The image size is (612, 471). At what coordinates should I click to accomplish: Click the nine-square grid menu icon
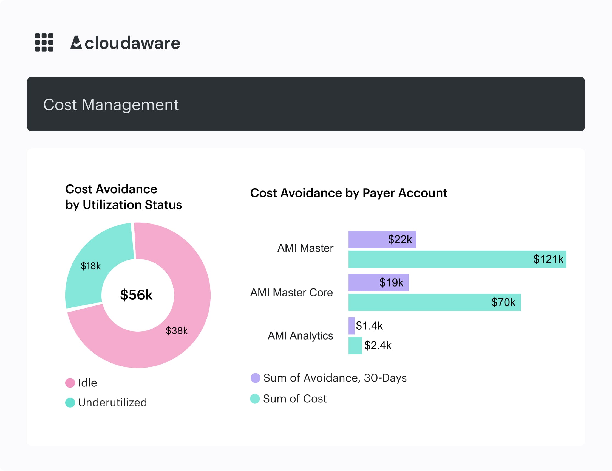[x=44, y=42]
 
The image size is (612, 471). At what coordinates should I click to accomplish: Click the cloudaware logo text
[x=125, y=43]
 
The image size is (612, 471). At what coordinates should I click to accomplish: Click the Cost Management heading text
[x=111, y=105]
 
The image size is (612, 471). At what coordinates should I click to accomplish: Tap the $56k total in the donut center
[x=136, y=295]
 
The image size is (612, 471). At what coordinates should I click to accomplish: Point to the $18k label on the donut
[x=90, y=266]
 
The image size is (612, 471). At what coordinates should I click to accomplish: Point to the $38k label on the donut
[x=177, y=330]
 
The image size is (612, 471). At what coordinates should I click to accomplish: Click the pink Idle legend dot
[x=70, y=383]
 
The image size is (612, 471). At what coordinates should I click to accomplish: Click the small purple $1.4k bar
[x=352, y=326]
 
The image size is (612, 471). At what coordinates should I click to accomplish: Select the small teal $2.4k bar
[x=355, y=345]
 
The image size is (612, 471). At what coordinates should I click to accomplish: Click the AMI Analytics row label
[x=300, y=336]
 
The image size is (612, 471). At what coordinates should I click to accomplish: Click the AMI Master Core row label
[x=291, y=292]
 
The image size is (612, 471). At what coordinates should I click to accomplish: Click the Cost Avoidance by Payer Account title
[x=348, y=193]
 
